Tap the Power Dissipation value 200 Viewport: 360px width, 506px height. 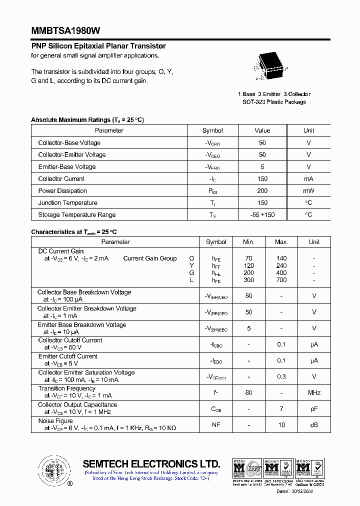(x=262, y=191)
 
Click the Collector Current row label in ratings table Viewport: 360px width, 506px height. (x=61, y=179)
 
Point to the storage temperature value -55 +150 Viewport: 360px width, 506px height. (x=262, y=215)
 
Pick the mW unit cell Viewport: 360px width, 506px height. (x=308, y=191)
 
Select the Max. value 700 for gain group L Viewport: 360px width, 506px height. (x=281, y=280)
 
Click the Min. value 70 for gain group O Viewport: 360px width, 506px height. (x=248, y=258)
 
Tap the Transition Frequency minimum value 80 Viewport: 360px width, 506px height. (x=248, y=393)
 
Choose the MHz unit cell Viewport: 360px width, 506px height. (x=314, y=393)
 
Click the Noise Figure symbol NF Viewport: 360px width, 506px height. (x=216, y=425)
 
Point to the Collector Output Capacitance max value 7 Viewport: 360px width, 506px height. (x=281, y=409)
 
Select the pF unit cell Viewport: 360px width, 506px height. (x=314, y=409)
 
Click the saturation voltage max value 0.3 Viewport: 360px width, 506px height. (x=281, y=376)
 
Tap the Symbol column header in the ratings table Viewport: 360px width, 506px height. (x=212, y=130)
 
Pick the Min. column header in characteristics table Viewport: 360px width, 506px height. (x=248, y=242)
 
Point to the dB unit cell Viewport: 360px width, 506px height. (x=314, y=425)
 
